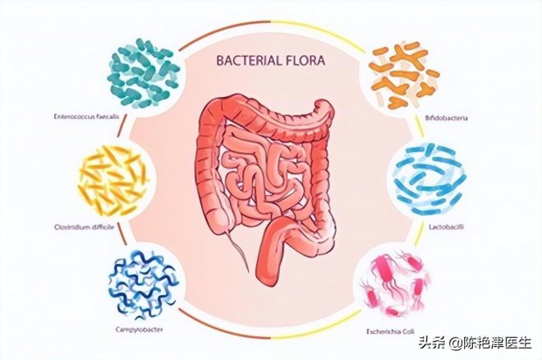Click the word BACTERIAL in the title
(246, 60)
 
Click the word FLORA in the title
(305, 60)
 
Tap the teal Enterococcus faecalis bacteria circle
(144, 72)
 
